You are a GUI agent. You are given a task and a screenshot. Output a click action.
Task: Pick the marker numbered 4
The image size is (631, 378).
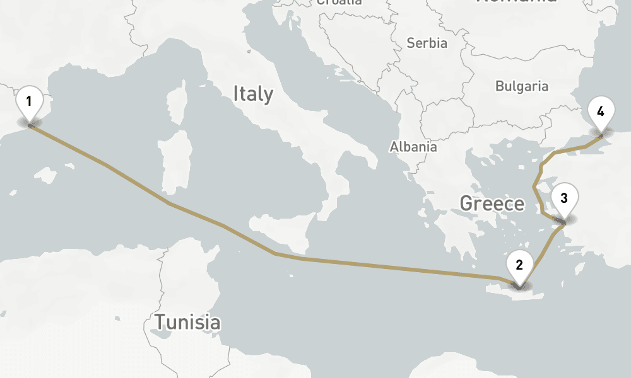point(601,113)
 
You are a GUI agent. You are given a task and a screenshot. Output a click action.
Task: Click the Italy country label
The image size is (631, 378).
point(253,94)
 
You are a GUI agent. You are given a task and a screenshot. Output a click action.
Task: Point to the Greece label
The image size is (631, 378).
point(492,203)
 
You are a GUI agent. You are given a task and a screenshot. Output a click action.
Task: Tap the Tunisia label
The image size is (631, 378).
point(188,323)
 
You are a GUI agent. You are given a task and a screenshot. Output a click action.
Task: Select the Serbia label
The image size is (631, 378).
point(427,43)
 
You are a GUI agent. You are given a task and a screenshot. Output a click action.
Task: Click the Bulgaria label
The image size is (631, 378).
point(522,86)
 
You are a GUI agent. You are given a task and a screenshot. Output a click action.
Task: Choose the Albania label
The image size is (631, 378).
point(413,147)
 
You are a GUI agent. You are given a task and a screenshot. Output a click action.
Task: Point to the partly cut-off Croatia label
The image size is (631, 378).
point(339,3)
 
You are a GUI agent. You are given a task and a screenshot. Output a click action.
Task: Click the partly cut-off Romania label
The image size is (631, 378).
point(517,2)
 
